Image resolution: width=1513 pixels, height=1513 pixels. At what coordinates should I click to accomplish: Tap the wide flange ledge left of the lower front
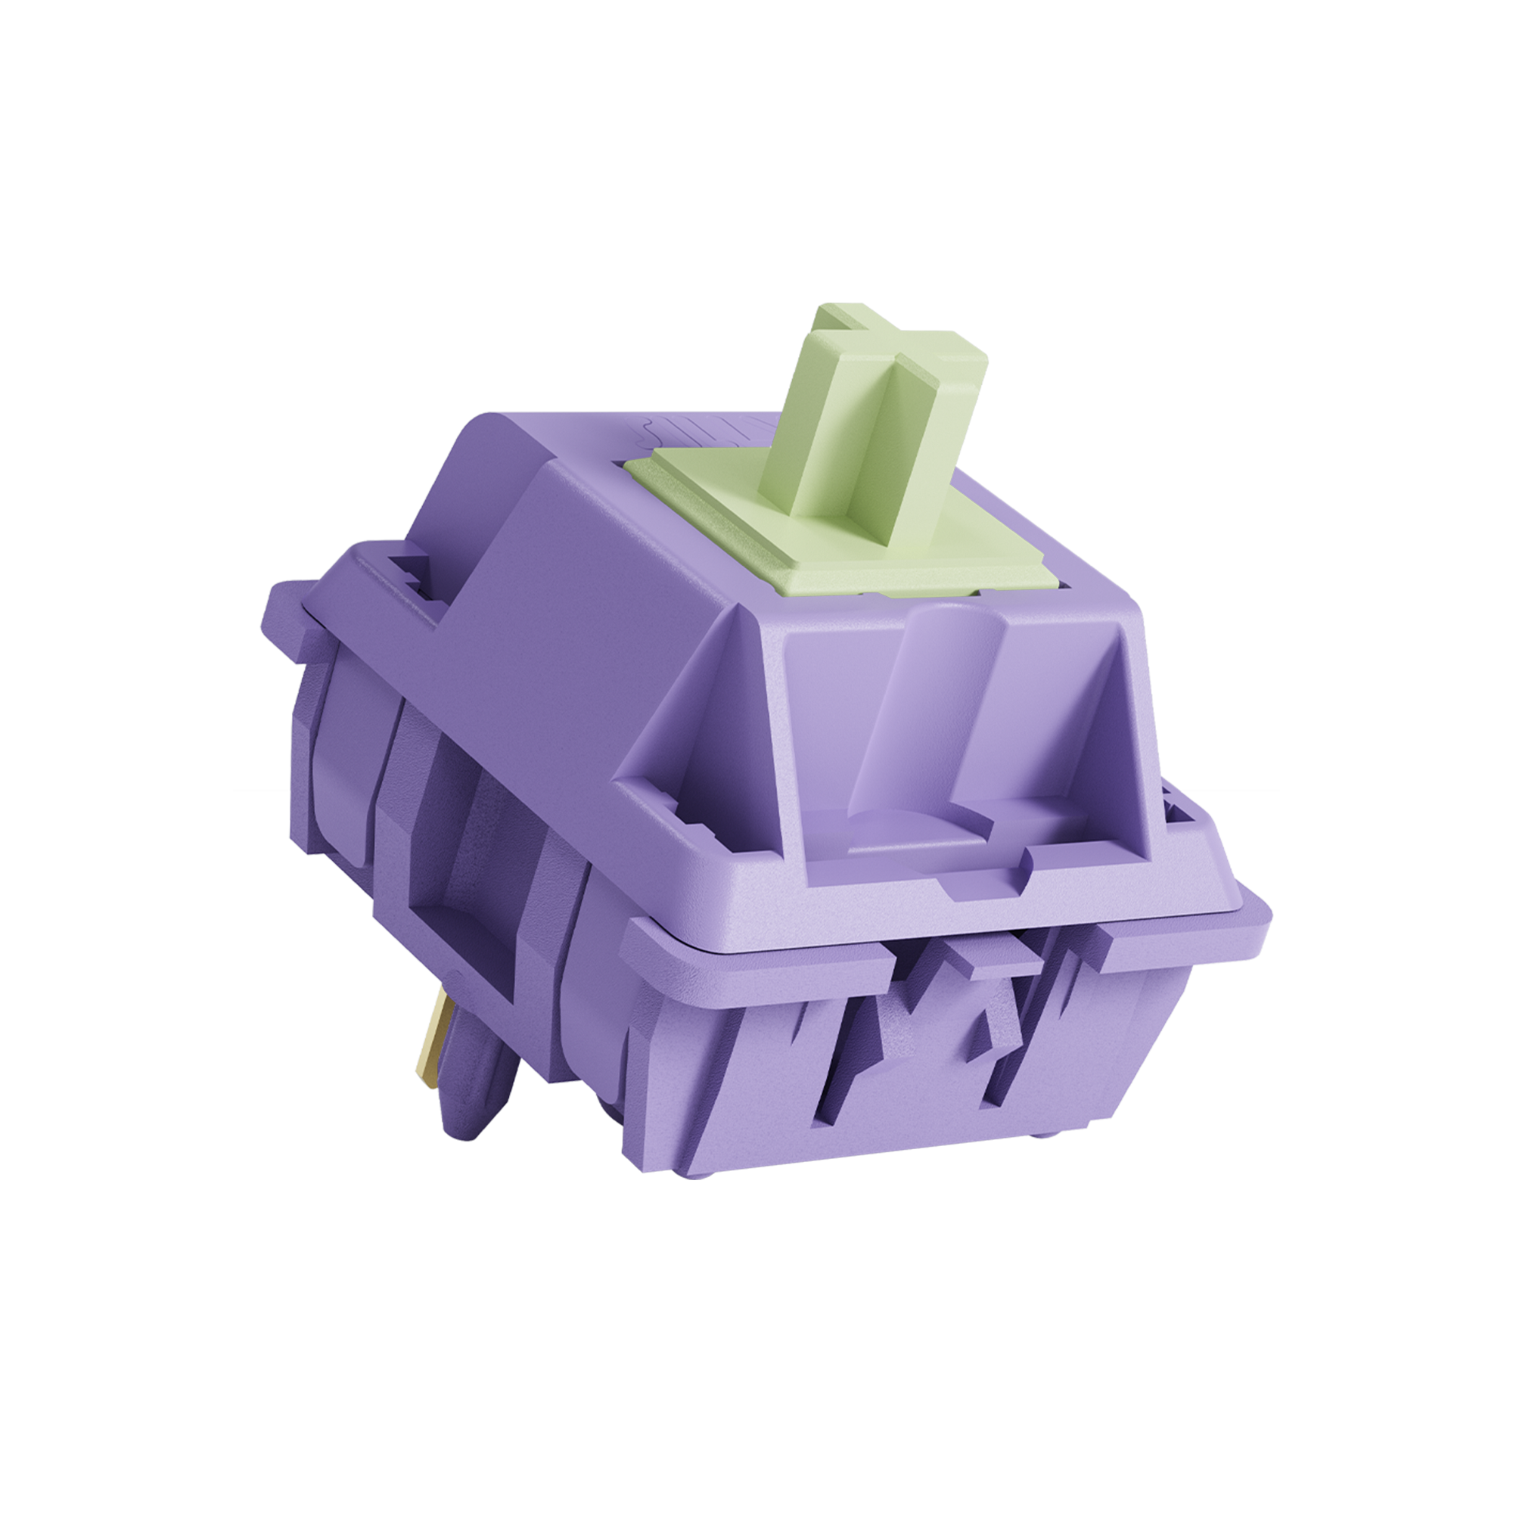click(752, 952)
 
